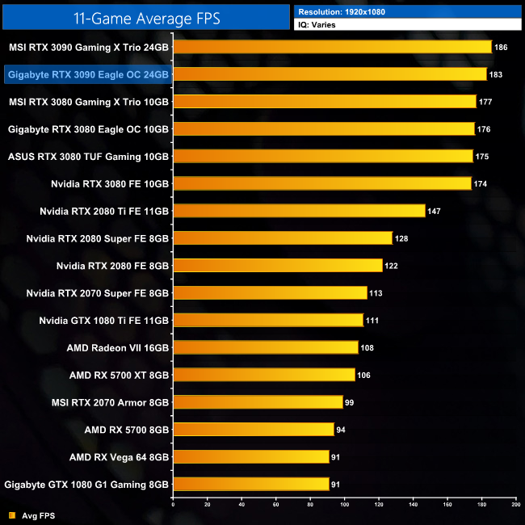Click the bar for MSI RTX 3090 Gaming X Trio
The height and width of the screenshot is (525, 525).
coord(332,47)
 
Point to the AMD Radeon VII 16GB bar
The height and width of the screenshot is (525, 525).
coord(265,347)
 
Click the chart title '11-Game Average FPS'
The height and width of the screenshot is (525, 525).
coord(148,16)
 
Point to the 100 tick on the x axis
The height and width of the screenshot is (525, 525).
coord(345,504)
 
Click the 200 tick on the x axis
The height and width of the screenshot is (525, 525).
coord(515,504)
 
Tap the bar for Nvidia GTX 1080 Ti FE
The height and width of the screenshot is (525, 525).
coord(268,320)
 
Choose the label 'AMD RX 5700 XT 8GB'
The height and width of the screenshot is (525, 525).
coord(119,375)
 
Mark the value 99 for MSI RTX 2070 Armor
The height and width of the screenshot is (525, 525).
coord(349,402)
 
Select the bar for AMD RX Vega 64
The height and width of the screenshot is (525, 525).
coord(251,457)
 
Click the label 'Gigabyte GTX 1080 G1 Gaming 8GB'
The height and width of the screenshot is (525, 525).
coord(86,485)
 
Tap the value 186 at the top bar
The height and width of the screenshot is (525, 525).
coord(501,48)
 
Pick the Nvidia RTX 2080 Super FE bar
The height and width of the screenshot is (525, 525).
coord(283,238)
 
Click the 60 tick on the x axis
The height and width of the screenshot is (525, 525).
coord(276,504)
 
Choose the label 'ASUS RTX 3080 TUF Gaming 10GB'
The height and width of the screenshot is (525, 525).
coord(88,156)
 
